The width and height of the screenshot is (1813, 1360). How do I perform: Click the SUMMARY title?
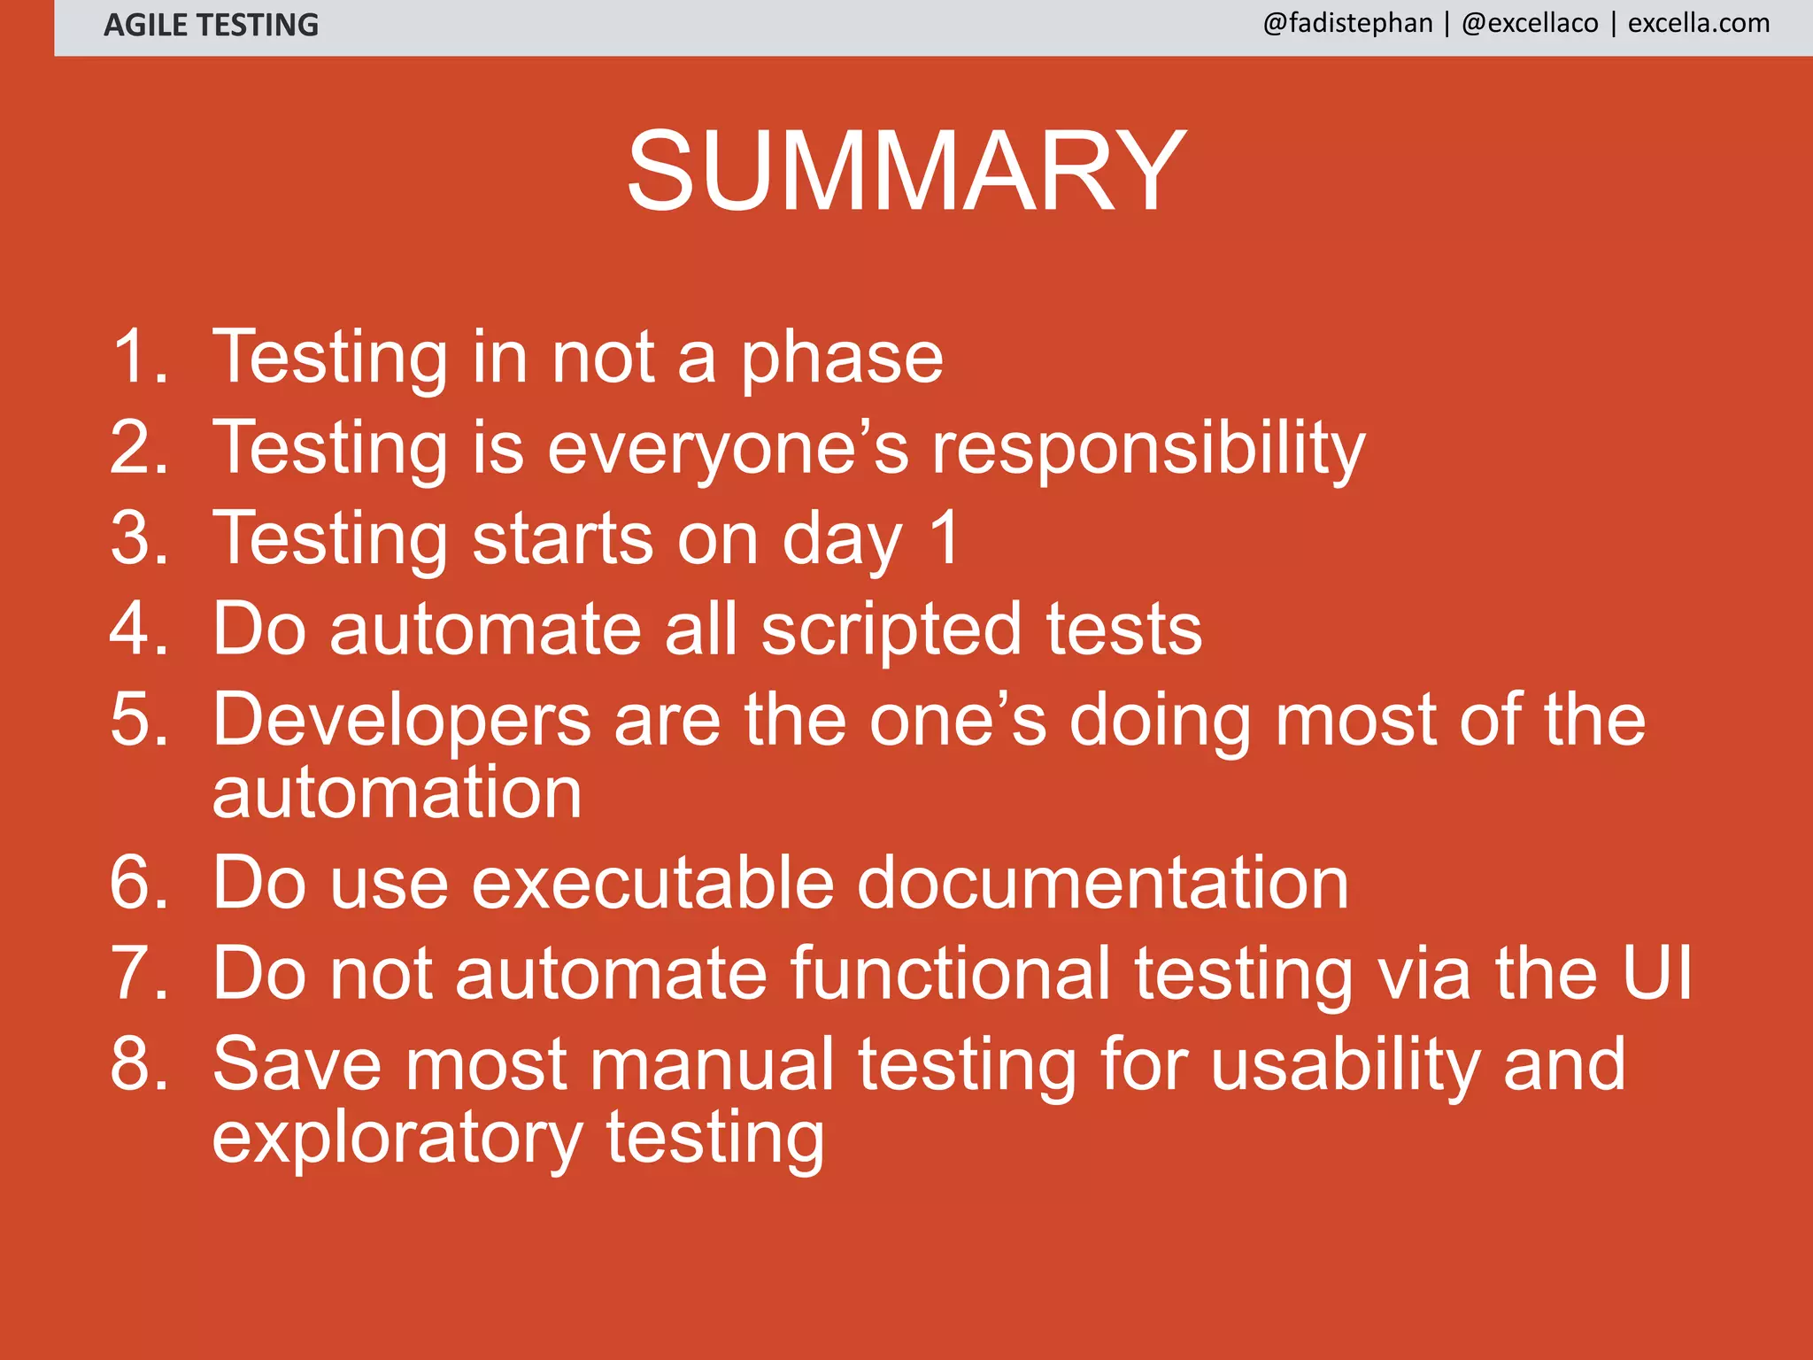pyautogui.click(x=906, y=170)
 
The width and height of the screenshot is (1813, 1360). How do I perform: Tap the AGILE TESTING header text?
pyautogui.click(x=211, y=25)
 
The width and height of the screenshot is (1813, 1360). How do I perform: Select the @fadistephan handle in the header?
pyautogui.click(x=1347, y=23)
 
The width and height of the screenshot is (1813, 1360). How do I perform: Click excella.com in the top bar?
pyautogui.click(x=1699, y=23)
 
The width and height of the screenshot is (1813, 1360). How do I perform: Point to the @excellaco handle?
pyautogui.click(x=1530, y=23)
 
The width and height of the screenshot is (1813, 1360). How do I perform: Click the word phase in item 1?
pyautogui.click(x=842, y=359)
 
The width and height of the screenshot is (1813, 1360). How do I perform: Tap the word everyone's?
pyautogui.click(x=728, y=449)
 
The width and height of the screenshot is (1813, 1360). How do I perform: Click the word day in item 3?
pyautogui.click(x=842, y=540)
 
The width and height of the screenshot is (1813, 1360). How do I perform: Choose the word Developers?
pyautogui.click(x=401, y=720)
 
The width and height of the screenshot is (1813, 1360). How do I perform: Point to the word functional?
pyautogui.click(x=951, y=973)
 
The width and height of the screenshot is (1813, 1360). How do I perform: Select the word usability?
pyautogui.click(x=1345, y=1065)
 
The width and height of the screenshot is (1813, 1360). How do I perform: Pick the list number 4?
pyautogui.click(x=138, y=630)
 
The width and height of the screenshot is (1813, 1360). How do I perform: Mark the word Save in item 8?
pyautogui.click(x=297, y=1064)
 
